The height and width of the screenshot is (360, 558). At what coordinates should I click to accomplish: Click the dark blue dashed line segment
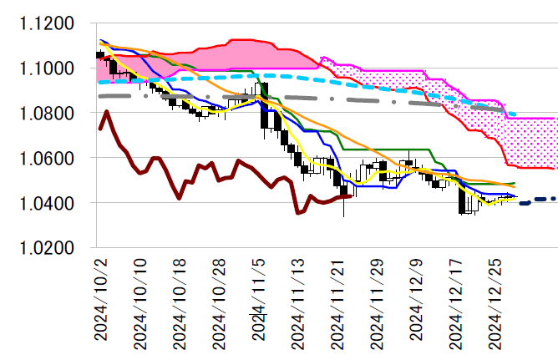click(538, 199)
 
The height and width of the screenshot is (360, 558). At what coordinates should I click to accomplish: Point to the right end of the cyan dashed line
click(515, 114)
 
